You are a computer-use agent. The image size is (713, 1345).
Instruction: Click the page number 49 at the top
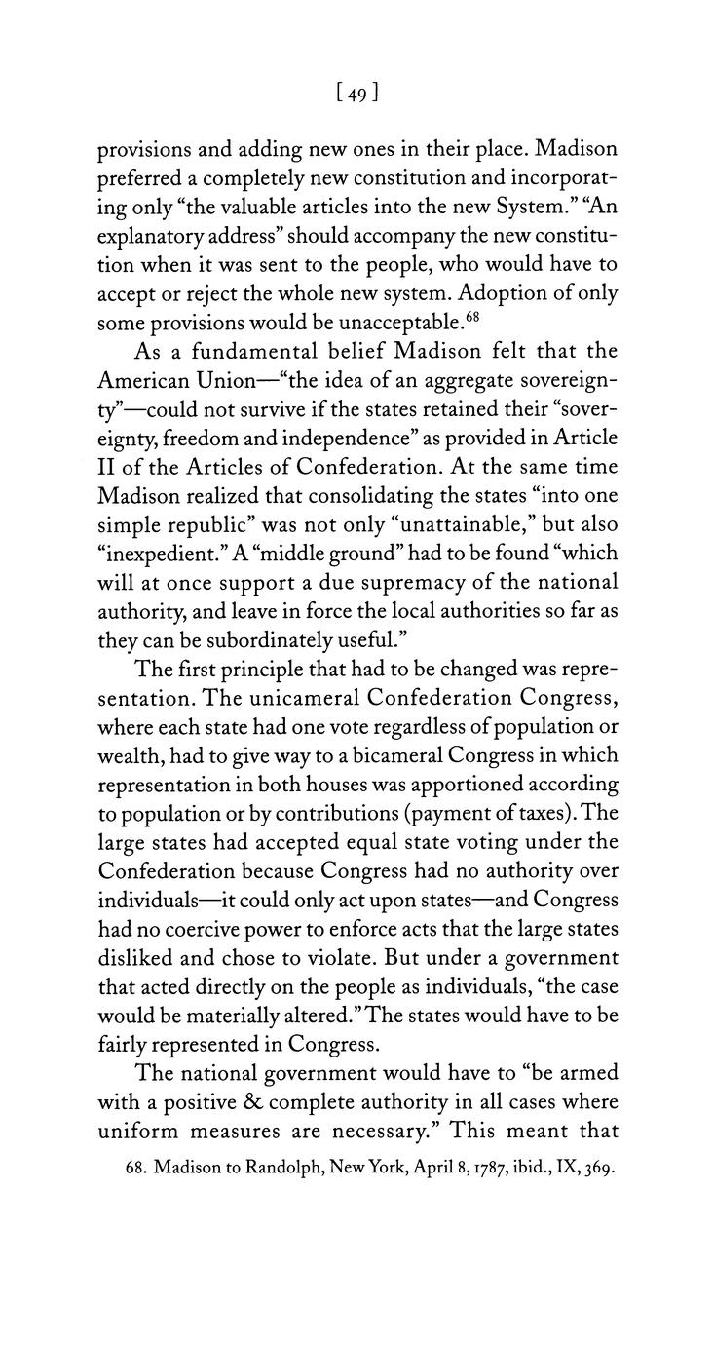(356, 94)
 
